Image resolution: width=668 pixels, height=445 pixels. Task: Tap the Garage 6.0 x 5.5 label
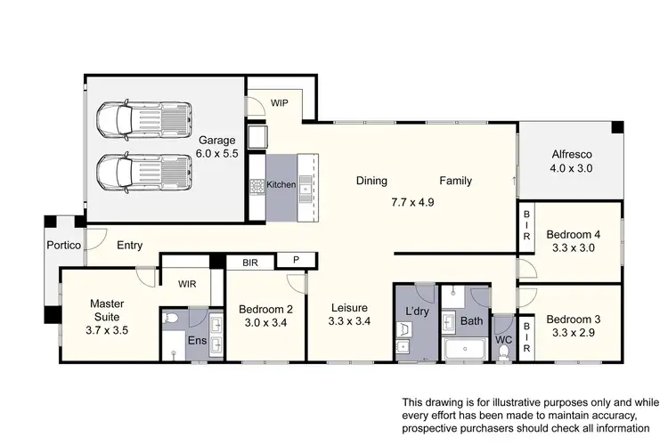click(216, 147)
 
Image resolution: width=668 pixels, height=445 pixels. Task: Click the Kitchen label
click(281, 185)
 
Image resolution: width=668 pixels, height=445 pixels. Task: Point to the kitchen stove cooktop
click(257, 186)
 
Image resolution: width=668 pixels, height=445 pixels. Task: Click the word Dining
click(371, 181)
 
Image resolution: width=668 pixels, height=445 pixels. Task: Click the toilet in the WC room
click(504, 350)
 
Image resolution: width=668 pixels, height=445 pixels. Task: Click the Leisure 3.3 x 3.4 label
click(348, 315)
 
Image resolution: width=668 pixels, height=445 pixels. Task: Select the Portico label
click(64, 245)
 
